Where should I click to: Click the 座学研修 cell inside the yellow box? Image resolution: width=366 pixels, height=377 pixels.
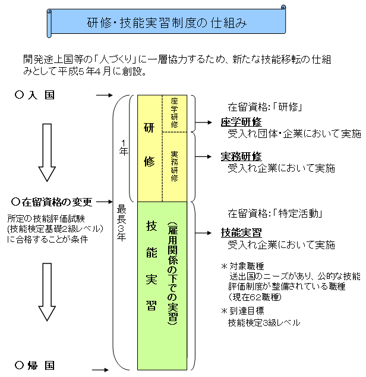pyautogui.click(x=174, y=113)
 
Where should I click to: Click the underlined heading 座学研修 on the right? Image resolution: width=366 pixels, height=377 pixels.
pyautogui.click(x=241, y=122)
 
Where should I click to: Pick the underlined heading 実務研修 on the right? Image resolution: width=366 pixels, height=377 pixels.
pyautogui.click(x=241, y=156)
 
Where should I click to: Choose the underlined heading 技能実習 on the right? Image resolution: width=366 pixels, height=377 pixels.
pyautogui.click(x=241, y=233)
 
